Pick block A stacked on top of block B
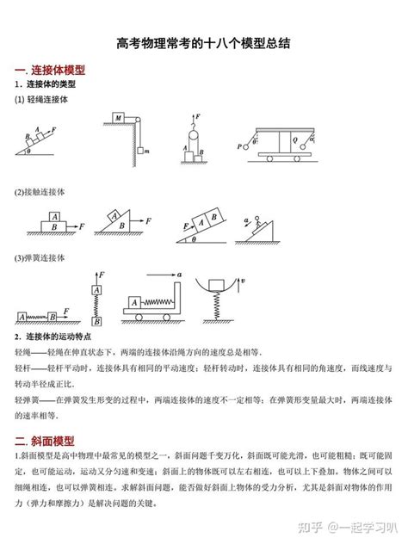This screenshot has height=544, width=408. coord(55,219)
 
